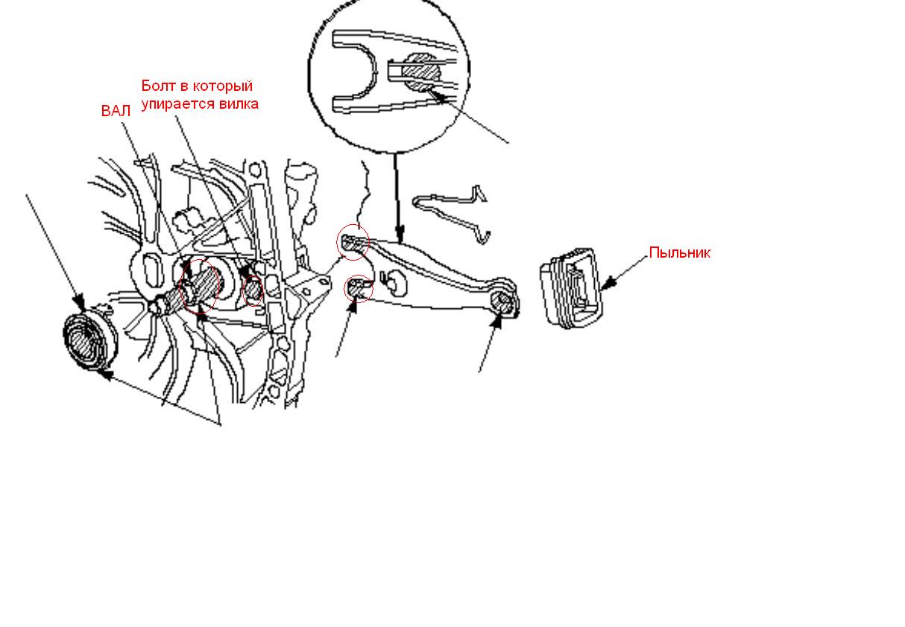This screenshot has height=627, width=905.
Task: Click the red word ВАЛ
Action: (x=116, y=111)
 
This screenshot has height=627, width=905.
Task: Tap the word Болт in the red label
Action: (x=158, y=86)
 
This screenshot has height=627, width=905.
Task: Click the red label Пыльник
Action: (x=679, y=252)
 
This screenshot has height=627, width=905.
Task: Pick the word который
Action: (x=222, y=86)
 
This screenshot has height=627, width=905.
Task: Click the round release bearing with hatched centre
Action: (x=89, y=341)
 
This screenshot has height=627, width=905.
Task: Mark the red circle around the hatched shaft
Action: (x=200, y=286)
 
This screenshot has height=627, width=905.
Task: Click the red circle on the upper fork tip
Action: (x=353, y=242)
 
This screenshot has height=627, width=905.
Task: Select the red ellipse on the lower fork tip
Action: (x=359, y=288)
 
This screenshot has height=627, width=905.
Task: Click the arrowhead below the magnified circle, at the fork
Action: (x=400, y=234)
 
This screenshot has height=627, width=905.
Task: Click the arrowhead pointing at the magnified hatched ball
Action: (x=438, y=98)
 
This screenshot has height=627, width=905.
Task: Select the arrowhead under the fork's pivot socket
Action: (x=497, y=322)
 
